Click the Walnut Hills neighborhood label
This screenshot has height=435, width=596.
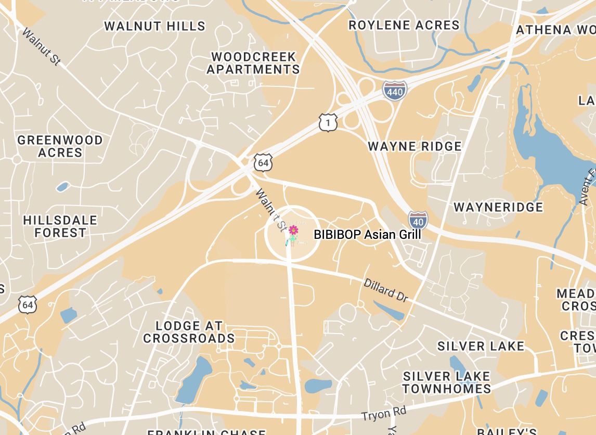(154, 26)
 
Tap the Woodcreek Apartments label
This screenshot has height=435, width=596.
(253, 63)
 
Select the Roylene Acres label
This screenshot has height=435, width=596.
(404, 25)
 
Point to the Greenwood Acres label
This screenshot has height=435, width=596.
(60, 146)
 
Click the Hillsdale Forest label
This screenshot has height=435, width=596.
(60, 226)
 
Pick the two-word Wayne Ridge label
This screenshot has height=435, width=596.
(414, 146)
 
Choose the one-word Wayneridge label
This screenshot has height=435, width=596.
(498, 207)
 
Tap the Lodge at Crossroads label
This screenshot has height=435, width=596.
(189, 332)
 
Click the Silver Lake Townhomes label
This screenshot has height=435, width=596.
(447, 382)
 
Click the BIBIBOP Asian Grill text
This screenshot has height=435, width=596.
(367, 235)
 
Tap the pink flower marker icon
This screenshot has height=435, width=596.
(293, 230)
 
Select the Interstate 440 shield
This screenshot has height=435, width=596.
(394, 91)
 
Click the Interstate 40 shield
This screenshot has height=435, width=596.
(418, 220)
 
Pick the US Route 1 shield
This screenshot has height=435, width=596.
(328, 123)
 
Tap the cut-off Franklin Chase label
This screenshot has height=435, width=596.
(206, 432)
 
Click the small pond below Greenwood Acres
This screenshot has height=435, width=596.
(62, 186)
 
